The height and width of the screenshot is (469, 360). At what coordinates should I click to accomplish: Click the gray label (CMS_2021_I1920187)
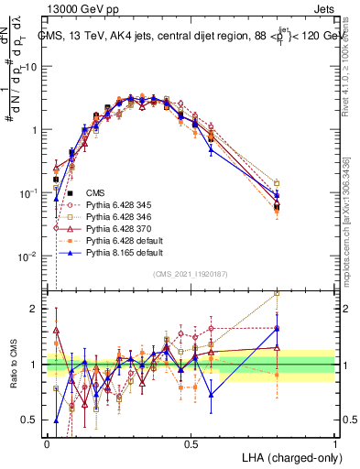[191, 273]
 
